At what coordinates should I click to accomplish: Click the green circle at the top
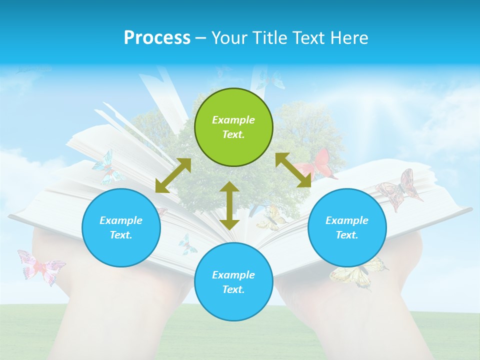(233, 127)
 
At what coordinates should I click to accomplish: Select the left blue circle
(121, 228)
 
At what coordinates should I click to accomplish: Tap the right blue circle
(347, 228)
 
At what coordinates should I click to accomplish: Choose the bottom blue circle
(233, 282)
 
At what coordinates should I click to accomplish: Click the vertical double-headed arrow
(229, 205)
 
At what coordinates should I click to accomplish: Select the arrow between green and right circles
(293, 170)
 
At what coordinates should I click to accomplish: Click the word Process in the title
(157, 37)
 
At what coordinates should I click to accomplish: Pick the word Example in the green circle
(233, 120)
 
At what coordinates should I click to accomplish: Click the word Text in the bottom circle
(232, 289)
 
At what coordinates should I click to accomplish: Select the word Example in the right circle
(347, 220)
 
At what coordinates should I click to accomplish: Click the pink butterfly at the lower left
(41, 266)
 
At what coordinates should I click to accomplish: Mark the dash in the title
(201, 38)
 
